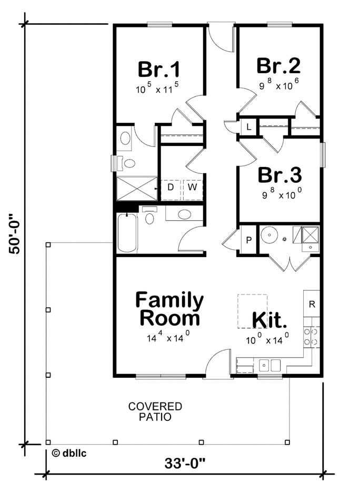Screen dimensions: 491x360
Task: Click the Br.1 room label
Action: (x=159, y=70)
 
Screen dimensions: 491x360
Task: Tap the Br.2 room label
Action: (x=278, y=66)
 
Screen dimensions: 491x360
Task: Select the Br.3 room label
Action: (x=279, y=174)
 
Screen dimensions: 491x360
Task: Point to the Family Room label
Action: (x=169, y=309)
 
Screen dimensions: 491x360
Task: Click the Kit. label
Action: (x=269, y=320)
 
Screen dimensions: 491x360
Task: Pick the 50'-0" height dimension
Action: (x=15, y=233)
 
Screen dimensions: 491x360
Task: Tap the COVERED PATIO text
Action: (x=155, y=411)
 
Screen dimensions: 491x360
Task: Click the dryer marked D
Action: (x=171, y=187)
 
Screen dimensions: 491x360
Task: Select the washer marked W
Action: (x=192, y=187)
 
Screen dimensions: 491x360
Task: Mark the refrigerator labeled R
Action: (x=312, y=304)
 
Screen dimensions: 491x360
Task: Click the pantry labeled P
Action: (x=248, y=241)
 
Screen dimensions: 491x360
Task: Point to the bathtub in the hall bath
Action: (x=127, y=233)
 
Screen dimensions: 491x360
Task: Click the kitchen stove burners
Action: (x=311, y=336)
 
